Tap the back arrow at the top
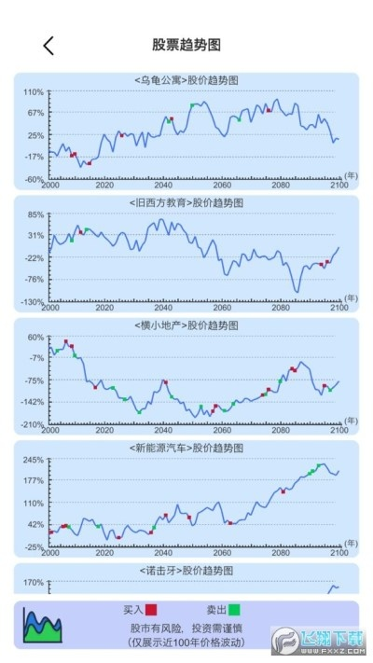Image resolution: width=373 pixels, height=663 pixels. coord(48,45)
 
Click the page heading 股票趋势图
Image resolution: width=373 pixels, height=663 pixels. coord(186,45)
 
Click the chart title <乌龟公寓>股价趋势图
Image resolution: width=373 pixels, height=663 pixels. coord(186,80)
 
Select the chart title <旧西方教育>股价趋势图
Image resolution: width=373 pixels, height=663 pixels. coord(186,202)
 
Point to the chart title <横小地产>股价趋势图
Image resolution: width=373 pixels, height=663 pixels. coord(186,325)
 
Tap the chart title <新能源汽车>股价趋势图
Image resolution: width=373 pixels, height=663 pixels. coord(186,449)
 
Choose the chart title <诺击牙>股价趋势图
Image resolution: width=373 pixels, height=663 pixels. coord(186,570)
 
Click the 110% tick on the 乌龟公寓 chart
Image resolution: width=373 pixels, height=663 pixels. coord(34,92)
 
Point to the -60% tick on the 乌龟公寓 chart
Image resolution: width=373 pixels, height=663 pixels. coord(34,179)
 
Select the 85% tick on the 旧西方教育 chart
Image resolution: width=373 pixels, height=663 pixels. coord(35,214)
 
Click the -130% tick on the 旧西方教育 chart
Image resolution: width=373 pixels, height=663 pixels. coord(33,301)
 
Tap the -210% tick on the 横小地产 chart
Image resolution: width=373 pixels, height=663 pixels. coord(33,424)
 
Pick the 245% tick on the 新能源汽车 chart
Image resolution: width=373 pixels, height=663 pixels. coord(34,460)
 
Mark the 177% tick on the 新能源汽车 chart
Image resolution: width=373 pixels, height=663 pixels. coord(34,481)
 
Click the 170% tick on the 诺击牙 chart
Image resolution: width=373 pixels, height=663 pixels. coord(34,583)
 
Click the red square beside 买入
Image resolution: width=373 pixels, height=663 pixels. coord(151,610)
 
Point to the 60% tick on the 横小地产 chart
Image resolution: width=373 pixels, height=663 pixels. coord(35,338)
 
